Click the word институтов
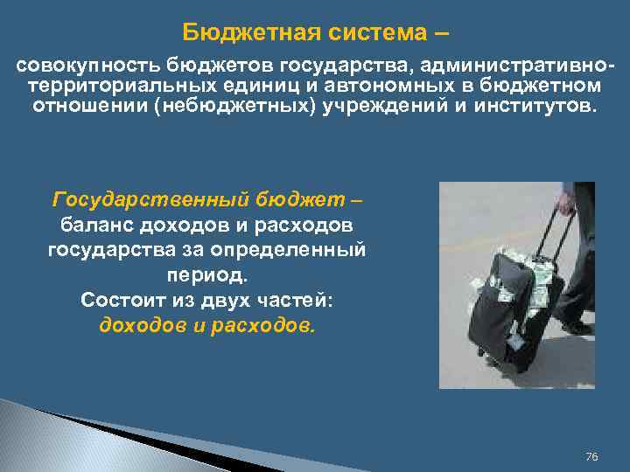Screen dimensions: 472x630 (535, 107)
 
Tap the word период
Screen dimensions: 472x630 (206, 275)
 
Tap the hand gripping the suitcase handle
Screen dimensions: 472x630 (567, 205)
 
